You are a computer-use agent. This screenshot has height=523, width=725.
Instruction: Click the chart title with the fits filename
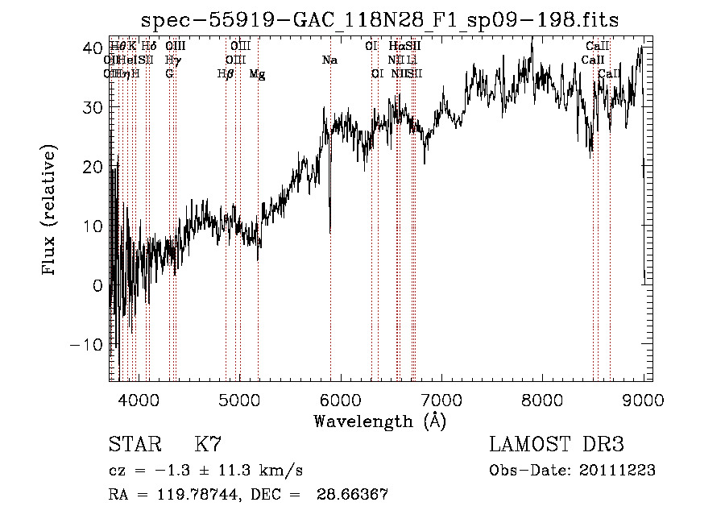point(379,20)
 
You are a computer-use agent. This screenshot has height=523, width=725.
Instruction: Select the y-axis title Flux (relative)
point(50,211)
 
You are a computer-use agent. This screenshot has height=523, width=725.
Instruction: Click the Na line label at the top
point(329,60)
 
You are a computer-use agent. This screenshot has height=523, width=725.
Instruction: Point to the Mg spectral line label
point(257,74)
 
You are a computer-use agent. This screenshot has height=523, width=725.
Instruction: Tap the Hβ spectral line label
point(226,74)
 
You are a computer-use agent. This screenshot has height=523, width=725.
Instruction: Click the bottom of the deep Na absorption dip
point(330,232)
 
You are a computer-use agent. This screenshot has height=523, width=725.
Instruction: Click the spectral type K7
point(208,444)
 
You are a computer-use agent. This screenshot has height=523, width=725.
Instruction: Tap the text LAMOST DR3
point(556,444)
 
